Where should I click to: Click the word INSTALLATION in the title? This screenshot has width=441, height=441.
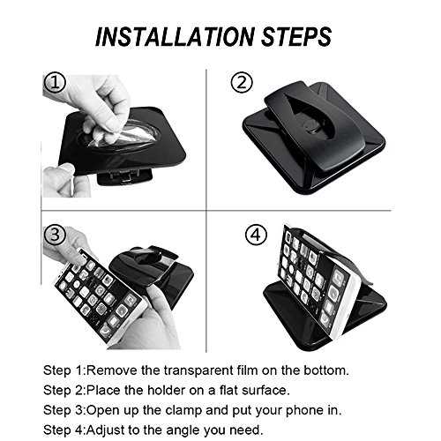176,37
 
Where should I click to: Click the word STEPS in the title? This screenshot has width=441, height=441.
296,37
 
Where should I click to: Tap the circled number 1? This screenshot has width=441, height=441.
55,82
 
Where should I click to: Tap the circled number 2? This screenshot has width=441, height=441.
242,83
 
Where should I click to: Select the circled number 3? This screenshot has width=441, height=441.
55,235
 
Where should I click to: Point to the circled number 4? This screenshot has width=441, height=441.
256,235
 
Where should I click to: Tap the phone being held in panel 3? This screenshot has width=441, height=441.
99,297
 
